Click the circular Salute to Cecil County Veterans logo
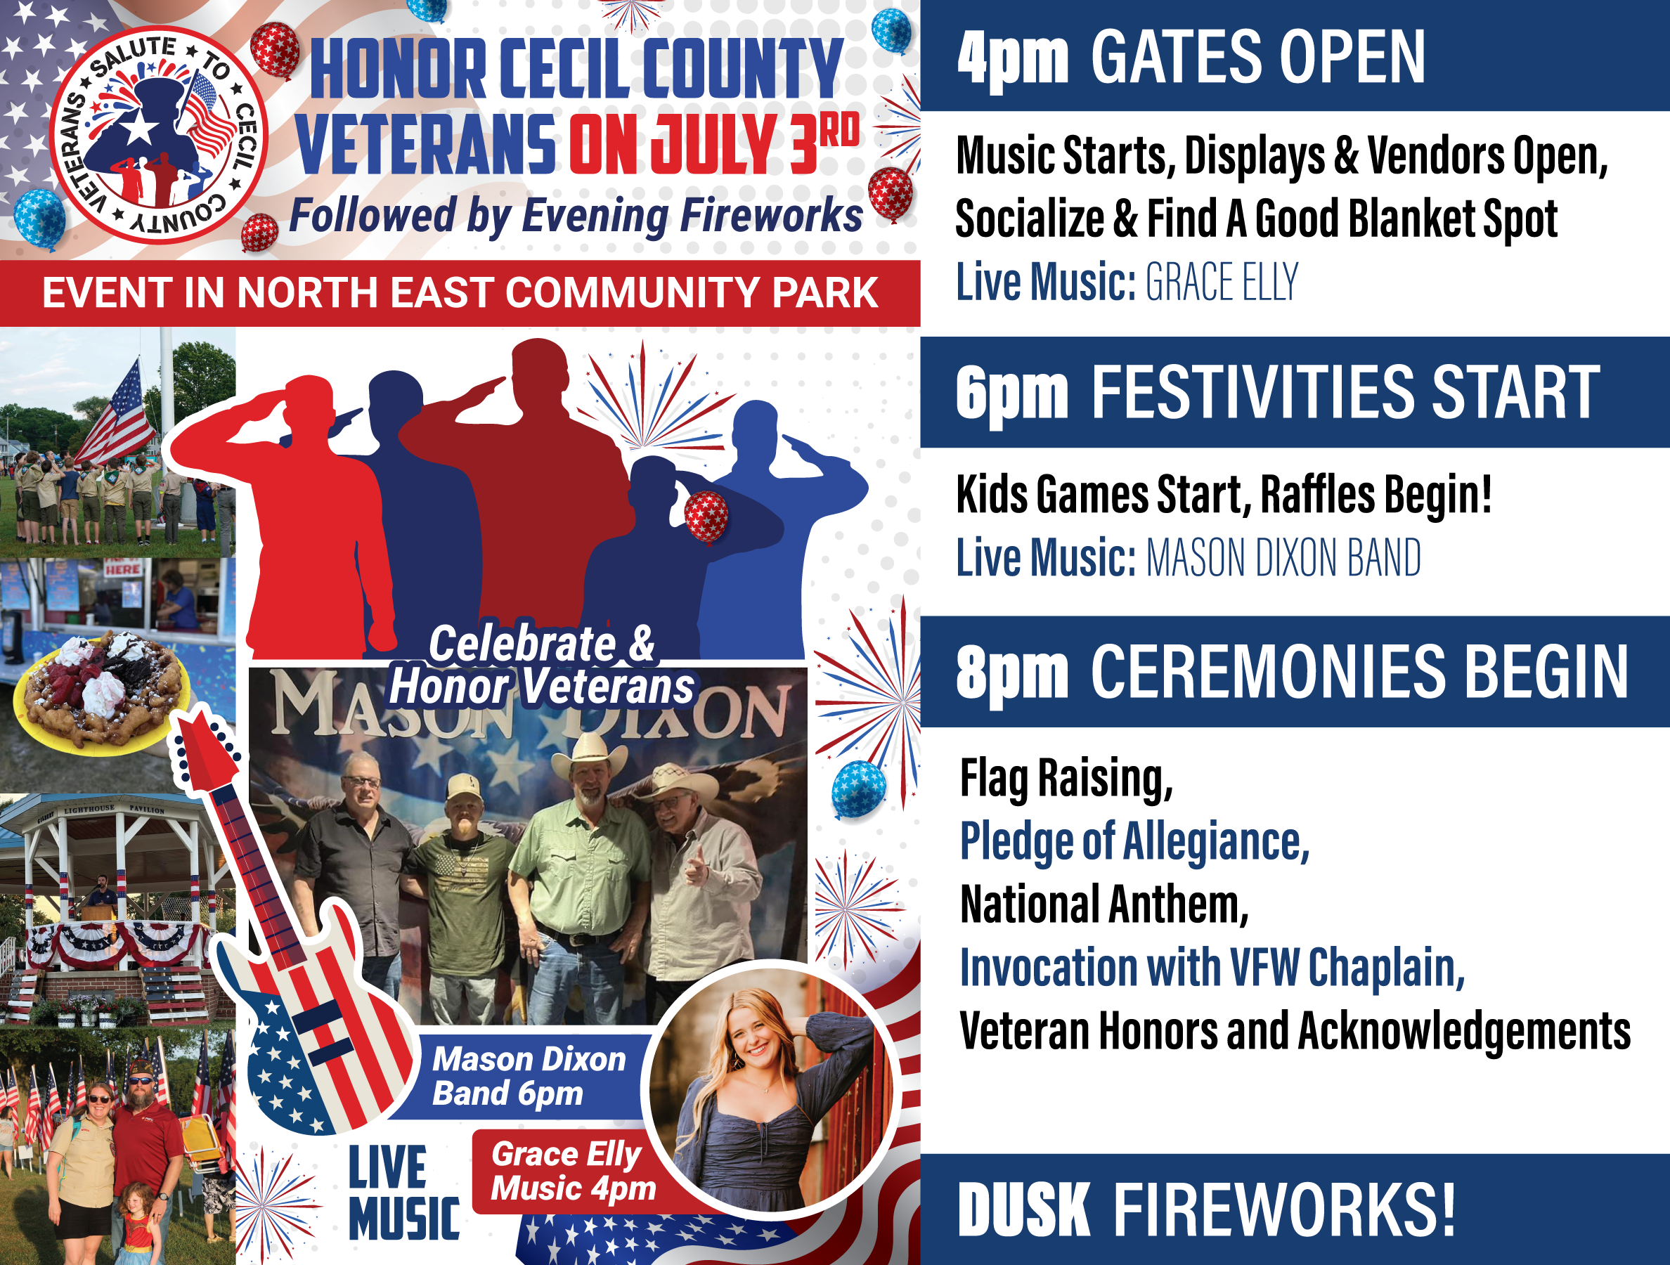coord(160,135)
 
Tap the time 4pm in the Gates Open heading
coord(1012,58)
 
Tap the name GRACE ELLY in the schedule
coord(1222,283)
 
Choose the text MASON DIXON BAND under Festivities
coord(1283,559)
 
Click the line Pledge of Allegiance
coord(1134,841)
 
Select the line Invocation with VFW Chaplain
coord(1212,968)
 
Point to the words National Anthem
coord(1104,904)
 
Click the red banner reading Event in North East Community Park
coord(460,293)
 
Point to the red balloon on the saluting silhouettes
coord(706,517)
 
